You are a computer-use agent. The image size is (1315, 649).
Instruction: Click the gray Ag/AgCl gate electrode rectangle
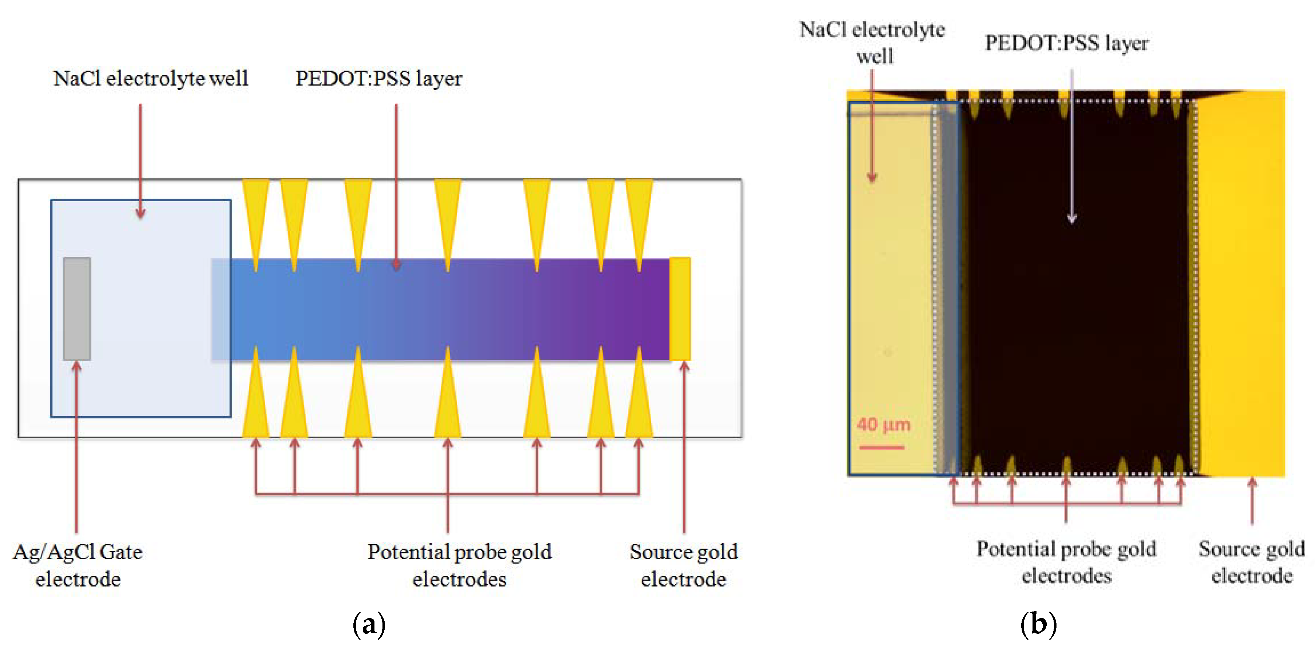tap(77, 308)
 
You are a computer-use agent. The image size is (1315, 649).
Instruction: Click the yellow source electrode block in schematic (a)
tap(679, 308)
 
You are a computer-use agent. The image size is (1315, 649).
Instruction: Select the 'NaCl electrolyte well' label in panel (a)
tap(151, 79)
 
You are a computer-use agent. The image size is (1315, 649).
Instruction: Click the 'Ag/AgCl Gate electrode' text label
tap(77, 565)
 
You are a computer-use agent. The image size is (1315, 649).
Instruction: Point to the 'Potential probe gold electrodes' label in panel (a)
tap(460, 565)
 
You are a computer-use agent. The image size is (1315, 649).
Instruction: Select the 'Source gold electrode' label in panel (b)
tap(1252, 562)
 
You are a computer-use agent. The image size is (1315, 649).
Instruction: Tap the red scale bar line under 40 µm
tap(882, 448)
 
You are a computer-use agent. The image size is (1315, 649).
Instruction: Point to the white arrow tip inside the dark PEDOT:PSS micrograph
tap(1071, 220)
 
